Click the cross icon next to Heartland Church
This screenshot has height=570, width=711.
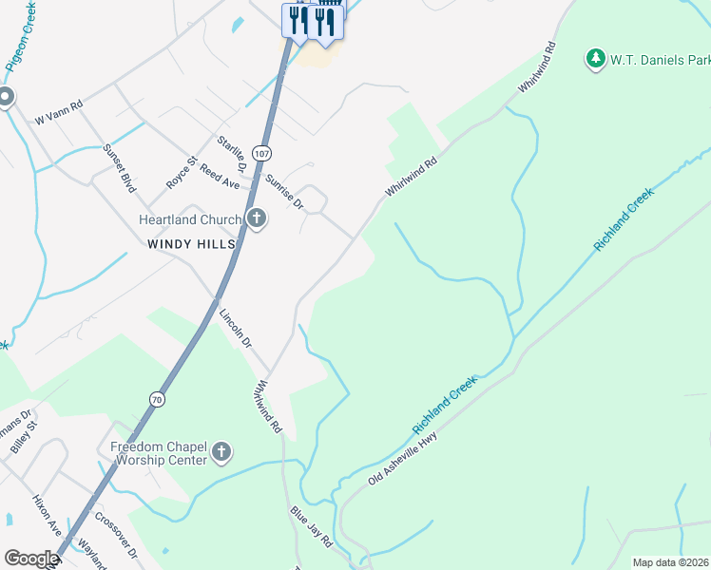(x=256, y=219)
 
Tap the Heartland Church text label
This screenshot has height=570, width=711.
(x=190, y=219)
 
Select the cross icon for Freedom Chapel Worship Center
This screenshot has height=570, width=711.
(x=221, y=452)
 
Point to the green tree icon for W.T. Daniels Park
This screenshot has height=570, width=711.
(x=595, y=59)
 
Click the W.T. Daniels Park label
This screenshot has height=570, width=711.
(x=661, y=60)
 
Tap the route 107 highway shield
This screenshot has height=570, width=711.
(x=262, y=153)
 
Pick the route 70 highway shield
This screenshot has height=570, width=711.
(x=156, y=400)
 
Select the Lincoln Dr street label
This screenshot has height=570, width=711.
(x=236, y=328)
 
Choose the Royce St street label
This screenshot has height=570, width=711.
(x=180, y=171)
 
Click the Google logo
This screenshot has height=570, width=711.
(x=31, y=559)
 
